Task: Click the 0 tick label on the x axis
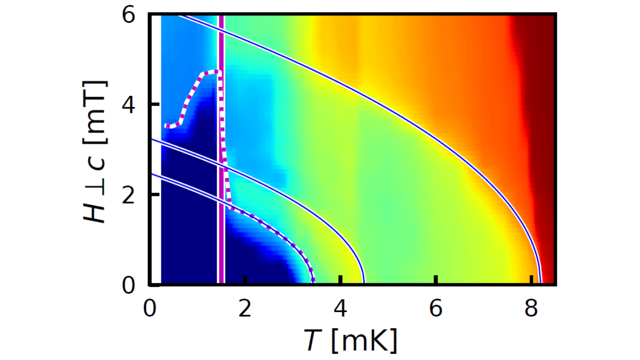(x=150, y=309)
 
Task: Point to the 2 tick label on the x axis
(x=245, y=309)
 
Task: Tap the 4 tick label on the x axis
(x=341, y=309)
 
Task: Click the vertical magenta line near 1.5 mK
(x=221, y=149)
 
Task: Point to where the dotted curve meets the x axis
(x=313, y=281)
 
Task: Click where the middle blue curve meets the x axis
(x=364, y=281)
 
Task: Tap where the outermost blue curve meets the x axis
(x=540, y=281)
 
